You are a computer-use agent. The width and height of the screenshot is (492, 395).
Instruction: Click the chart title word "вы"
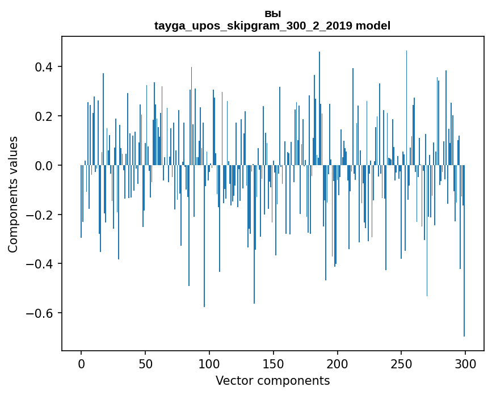[x=272, y=14]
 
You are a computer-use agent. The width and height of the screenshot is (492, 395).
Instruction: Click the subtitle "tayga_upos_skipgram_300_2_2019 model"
[x=272, y=26]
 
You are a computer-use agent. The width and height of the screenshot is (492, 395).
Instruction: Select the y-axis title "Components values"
[x=13, y=194]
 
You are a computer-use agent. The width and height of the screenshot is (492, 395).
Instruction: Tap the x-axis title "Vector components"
[x=272, y=380]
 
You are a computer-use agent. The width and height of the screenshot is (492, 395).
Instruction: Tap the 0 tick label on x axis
[x=81, y=363]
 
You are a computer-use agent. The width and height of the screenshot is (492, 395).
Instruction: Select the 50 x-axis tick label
[x=145, y=363]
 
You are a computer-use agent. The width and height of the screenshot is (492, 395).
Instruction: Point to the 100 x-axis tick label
[x=209, y=363]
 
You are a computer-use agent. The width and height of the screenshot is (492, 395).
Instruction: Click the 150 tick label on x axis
[x=274, y=363]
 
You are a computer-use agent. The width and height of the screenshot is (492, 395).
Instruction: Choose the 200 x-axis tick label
[x=338, y=363]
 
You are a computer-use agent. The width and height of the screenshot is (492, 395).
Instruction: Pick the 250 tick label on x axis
[x=401, y=363]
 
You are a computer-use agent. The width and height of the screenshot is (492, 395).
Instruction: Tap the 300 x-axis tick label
[x=465, y=363]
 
